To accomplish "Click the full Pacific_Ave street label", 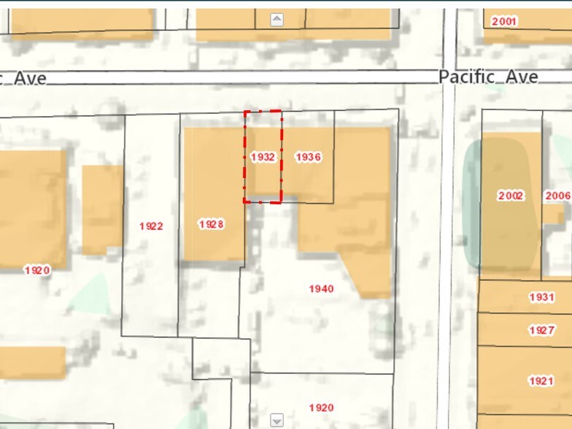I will pyautogui.click(x=488, y=77).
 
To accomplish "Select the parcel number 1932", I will pyautogui.click(x=262, y=157).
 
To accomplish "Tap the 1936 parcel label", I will pyautogui.click(x=308, y=157).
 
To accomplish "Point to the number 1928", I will pyautogui.click(x=211, y=224).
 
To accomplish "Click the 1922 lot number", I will pyautogui.click(x=151, y=226).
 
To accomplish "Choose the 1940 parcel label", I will pyautogui.click(x=321, y=289).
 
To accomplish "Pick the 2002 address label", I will pyautogui.click(x=511, y=196).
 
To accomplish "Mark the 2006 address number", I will pyautogui.click(x=558, y=196).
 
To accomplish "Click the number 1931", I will pyautogui.click(x=541, y=298).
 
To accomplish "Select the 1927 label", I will pyautogui.click(x=541, y=331).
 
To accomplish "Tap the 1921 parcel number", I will pyautogui.click(x=541, y=381).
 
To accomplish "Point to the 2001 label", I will pyautogui.click(x=504, y=21).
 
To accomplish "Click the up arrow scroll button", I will pyautogui.click(x=277, y=20).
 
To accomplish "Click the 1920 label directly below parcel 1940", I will pyautogui.click(x=321, y=408).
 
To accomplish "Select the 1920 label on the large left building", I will pyautogui.click(x=37, y=270).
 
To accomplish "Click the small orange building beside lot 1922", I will pyautogui.click(x=101, y=209).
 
